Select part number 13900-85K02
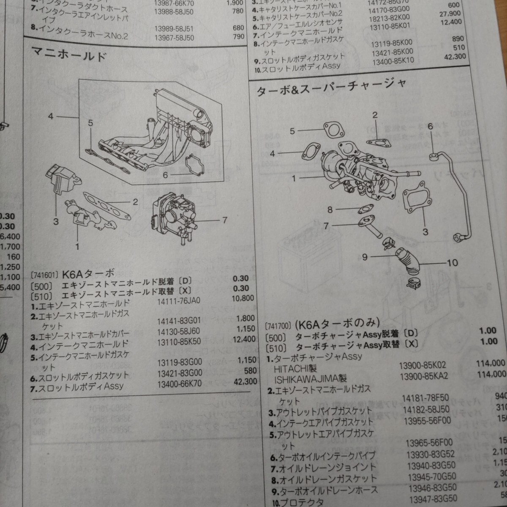point(424,365)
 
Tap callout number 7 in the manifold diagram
point(224,220)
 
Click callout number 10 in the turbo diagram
point(452,263)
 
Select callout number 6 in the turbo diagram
point(430,126)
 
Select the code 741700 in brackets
point(279,327)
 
